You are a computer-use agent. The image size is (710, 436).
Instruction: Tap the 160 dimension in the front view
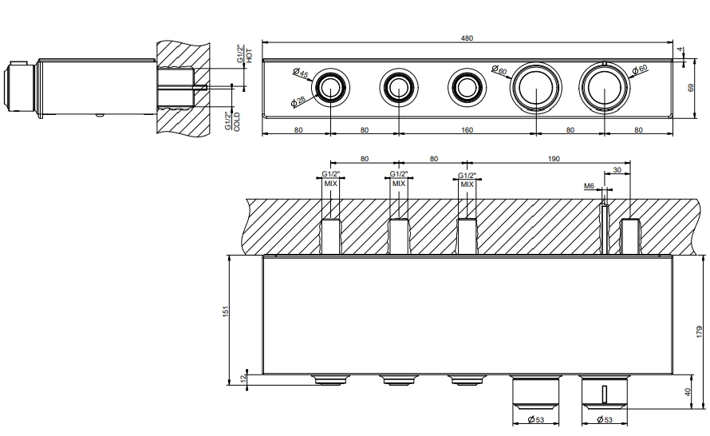pos(467,129)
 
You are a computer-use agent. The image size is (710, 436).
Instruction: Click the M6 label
pos(590,186)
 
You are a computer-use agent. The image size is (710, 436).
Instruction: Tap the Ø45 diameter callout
pos(301,74)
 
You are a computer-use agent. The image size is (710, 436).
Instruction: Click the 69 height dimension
pos(691,88)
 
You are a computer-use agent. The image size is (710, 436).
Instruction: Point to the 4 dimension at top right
pos(680,50)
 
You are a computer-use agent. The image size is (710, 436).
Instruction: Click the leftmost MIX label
pos(330,183)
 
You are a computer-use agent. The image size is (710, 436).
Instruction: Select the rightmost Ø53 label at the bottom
pos(605,420)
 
